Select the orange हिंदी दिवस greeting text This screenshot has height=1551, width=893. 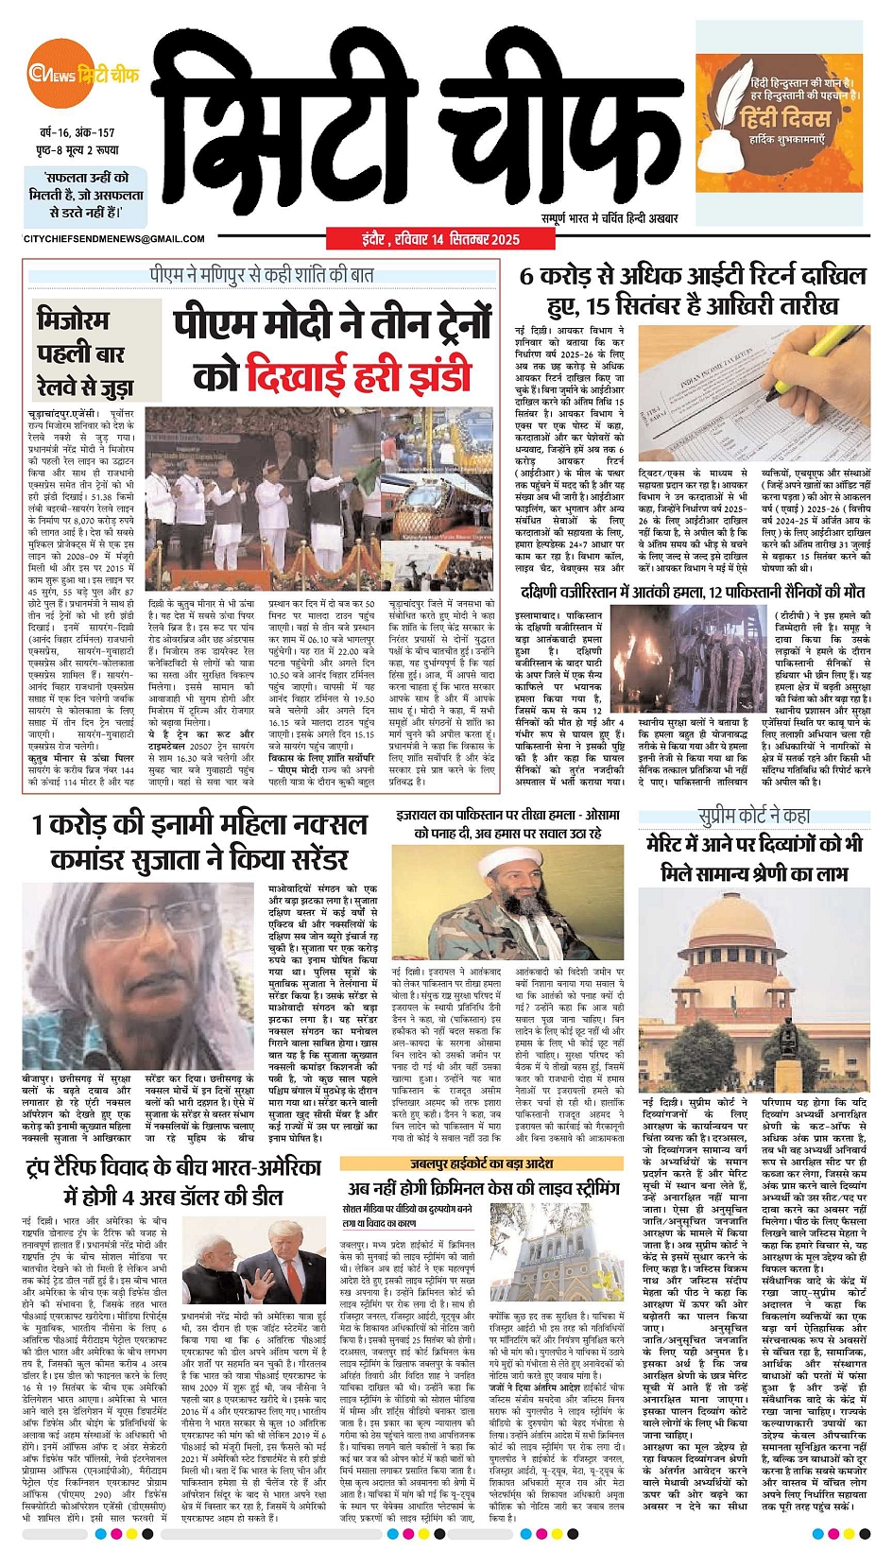[x=784, y=118]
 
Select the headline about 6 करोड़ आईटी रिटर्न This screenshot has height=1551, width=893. [x=693, y=290]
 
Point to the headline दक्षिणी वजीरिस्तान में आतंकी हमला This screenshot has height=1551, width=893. [x=692, y=593]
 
